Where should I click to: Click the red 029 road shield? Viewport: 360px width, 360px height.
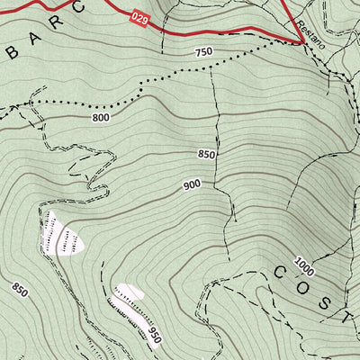click(139, 18)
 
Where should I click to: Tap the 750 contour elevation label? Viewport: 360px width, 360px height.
click(202, 52)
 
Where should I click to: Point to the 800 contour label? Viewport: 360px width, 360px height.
click(100, 118)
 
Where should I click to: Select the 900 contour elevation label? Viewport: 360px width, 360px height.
click(191, 184)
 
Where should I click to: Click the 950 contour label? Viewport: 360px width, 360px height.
click(155, 336)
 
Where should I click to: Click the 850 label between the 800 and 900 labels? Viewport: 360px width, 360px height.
click(207, 155)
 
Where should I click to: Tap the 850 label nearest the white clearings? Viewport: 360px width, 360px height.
click(20, 290)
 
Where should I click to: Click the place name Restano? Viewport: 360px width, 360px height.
click(310, 30)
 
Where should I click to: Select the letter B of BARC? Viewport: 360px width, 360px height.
click(12, 51)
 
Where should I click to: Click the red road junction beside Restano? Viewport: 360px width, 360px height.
click(298, 40)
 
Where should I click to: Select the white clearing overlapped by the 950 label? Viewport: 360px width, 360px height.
click(131, 293)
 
